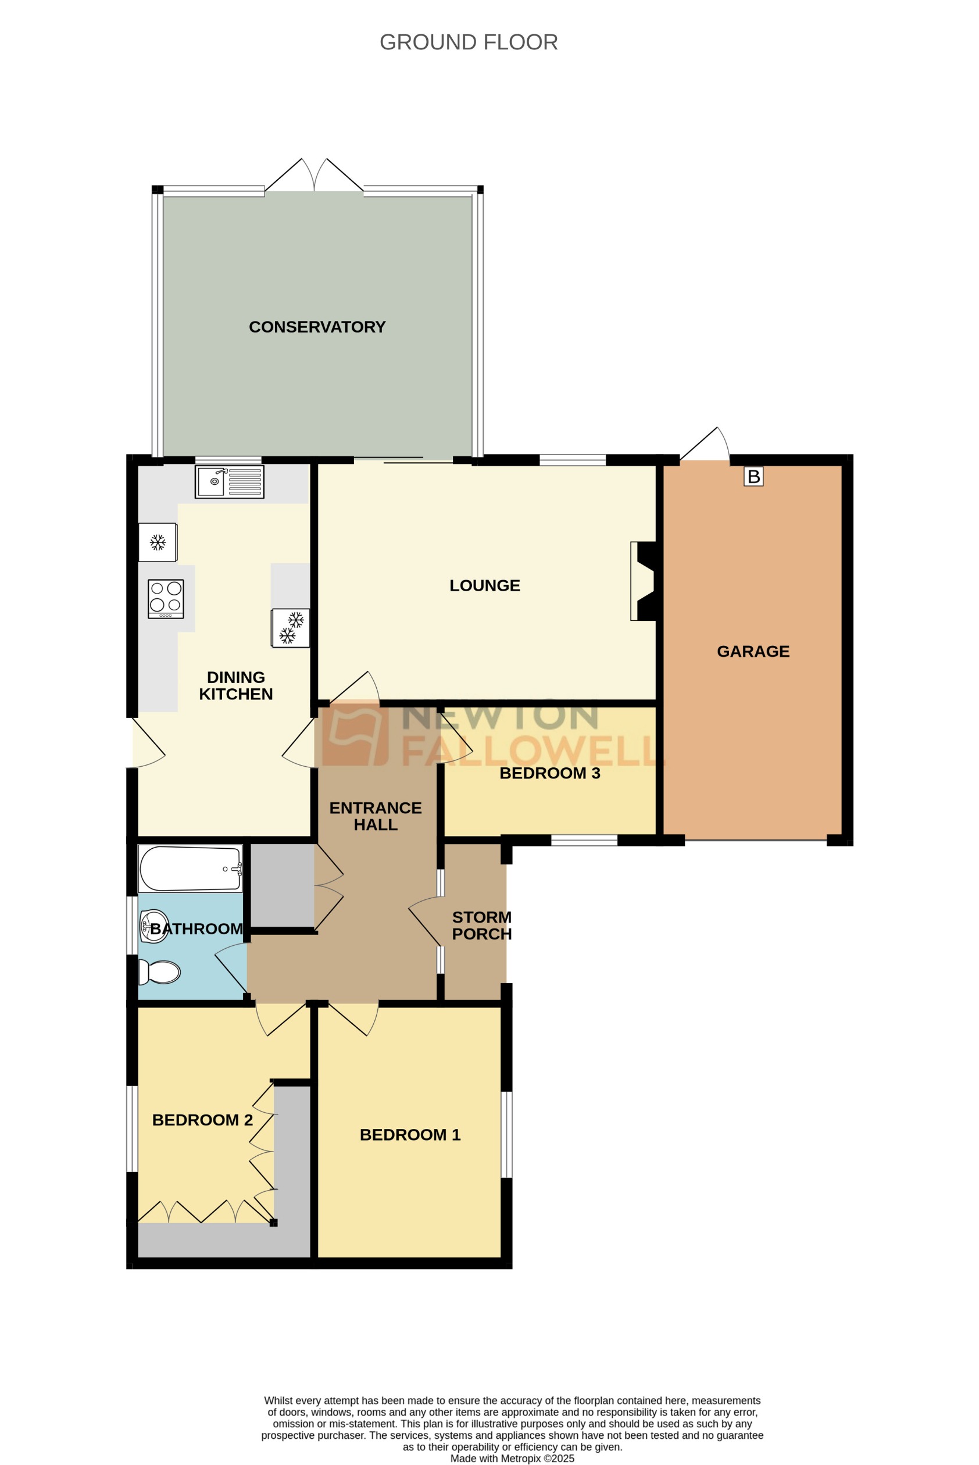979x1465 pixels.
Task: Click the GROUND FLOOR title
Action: click(468, 42)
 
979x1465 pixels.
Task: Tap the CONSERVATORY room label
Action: click(317, 327)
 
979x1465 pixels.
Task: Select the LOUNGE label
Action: click(484, 585)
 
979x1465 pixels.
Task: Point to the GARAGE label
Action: click(753, 652)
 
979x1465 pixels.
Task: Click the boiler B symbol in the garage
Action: click(753, 477)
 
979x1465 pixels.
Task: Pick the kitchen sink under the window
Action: click(229, 482)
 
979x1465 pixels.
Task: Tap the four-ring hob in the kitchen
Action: click(166, 599)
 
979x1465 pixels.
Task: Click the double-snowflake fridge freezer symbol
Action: click(290, 628)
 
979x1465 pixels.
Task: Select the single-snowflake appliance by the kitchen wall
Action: click(158, 542)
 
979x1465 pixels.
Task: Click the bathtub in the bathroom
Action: click(190, 869)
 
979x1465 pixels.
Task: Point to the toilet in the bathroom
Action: click(160, 972)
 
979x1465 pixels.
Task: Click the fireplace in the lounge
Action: click(643, 581)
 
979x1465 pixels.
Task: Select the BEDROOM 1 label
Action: click(410, 1135)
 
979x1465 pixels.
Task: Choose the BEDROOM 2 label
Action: click(202, 1120)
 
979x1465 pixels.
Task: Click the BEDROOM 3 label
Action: click(549, 773)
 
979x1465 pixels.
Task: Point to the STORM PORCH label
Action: click(481, 926)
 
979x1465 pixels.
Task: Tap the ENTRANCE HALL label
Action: click(375, 816)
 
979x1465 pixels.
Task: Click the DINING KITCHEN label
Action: click(236, 686)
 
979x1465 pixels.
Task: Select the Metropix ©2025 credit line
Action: click(512, 1459)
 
